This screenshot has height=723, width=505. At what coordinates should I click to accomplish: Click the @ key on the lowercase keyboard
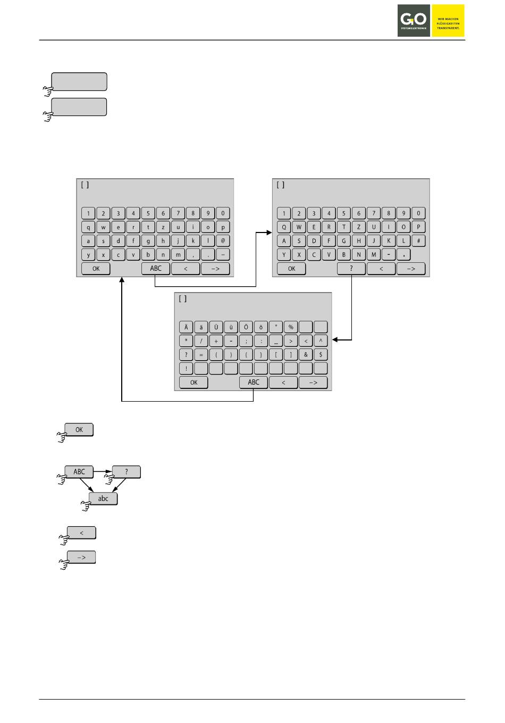tap(223, 241)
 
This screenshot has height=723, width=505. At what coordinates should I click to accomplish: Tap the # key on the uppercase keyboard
tap(418, 241)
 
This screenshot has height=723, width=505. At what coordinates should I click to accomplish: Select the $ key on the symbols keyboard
tap(321, 354)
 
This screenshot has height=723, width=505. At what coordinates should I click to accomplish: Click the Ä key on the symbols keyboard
tap(186, 327)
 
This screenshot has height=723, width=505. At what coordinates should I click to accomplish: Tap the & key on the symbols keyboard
tap(306, 354)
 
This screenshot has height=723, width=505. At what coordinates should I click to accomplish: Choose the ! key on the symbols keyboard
tap(186, 368)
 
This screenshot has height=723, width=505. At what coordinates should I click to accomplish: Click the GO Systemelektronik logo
tap(414, 21)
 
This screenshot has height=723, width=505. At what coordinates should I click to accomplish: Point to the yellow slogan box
tap(448, 21)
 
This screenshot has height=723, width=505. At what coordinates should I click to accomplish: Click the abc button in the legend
tap(103, 499)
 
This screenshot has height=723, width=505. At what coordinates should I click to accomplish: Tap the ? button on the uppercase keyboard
tap(351, 269)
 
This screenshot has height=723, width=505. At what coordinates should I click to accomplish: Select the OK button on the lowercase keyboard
tap(96, 269)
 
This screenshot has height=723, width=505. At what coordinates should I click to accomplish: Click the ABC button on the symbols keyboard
tap(254, 382)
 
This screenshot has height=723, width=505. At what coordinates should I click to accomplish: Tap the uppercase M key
tap(374, 255)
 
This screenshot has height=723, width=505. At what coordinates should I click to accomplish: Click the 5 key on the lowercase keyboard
tap(148, 213)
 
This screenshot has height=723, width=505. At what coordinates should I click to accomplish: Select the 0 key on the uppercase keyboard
tap(418, 213)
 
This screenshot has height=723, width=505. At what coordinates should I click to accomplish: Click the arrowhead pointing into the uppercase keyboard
tap(269, 232)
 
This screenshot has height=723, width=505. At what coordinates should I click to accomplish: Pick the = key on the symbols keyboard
tap(201, 354)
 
